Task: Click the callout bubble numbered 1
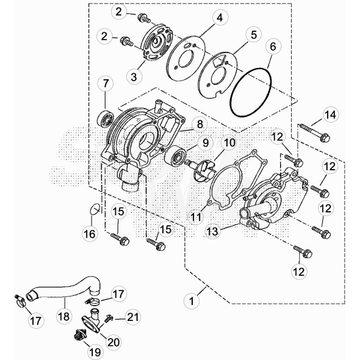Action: point(192,301)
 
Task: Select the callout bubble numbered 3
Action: point(134,76)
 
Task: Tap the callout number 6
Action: point(273,46)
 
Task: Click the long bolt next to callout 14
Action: point(314,132)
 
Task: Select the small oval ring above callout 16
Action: point(95,209)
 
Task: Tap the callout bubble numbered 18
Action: point(64,317)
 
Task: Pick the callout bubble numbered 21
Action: point(132,317)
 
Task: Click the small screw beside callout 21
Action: point(109,319)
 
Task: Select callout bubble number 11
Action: point(196,217)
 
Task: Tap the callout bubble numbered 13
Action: point(213,231)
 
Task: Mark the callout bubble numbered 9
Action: point(206,143)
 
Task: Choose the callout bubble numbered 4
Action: point(220,18)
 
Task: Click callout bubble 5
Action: point(253,35)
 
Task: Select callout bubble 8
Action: point(200,124)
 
